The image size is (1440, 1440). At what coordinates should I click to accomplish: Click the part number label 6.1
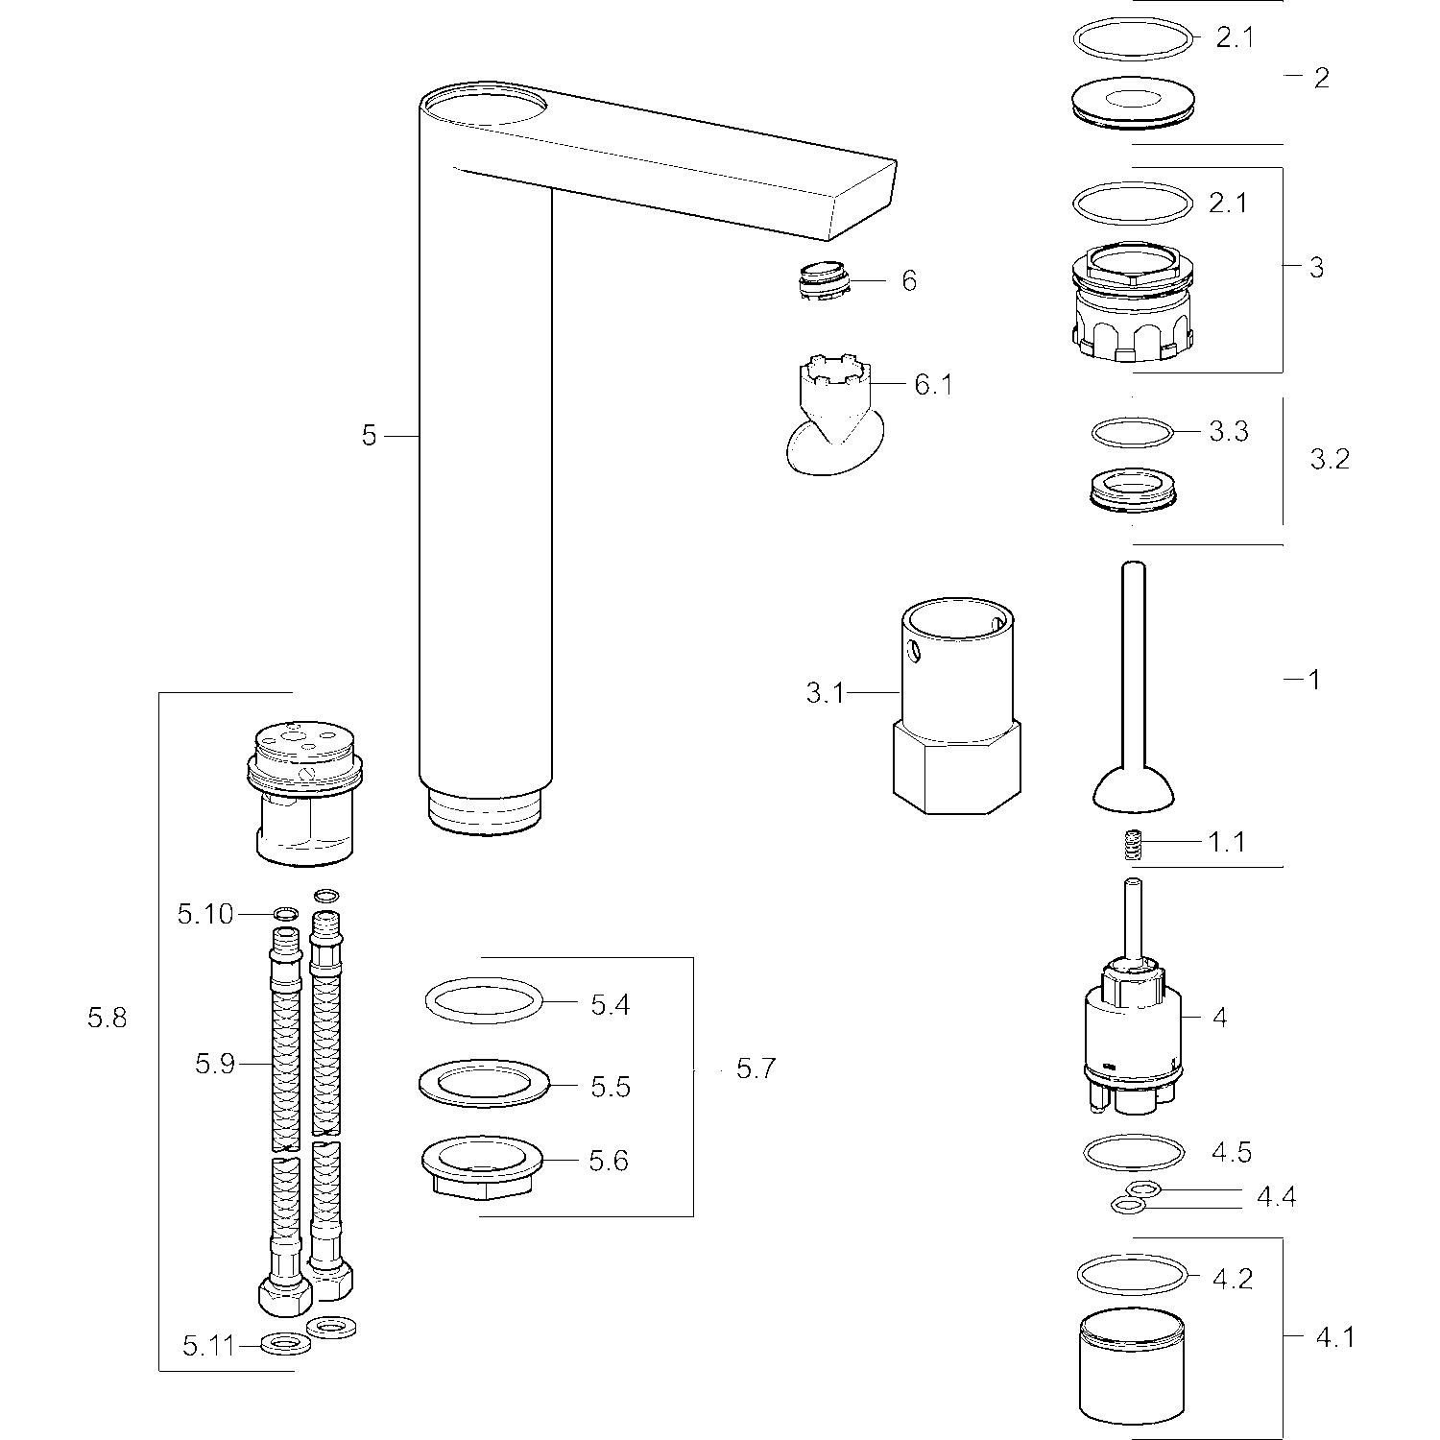pos(932,385)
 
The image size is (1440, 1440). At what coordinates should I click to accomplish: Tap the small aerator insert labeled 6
pos(824,279)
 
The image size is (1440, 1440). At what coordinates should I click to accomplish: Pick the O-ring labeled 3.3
pos(1133,432)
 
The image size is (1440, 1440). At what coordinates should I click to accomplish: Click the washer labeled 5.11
pos(286,1344)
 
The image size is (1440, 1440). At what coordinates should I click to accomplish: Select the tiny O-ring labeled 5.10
pos(285,912)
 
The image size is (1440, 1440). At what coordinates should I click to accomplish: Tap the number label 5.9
pos(215,1064)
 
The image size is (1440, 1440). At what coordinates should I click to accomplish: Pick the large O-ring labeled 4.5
pos(1133,1150)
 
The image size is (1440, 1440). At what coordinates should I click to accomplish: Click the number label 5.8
pos(107,1019)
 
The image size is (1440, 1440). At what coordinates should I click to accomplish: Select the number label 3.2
pos(1330,459)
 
